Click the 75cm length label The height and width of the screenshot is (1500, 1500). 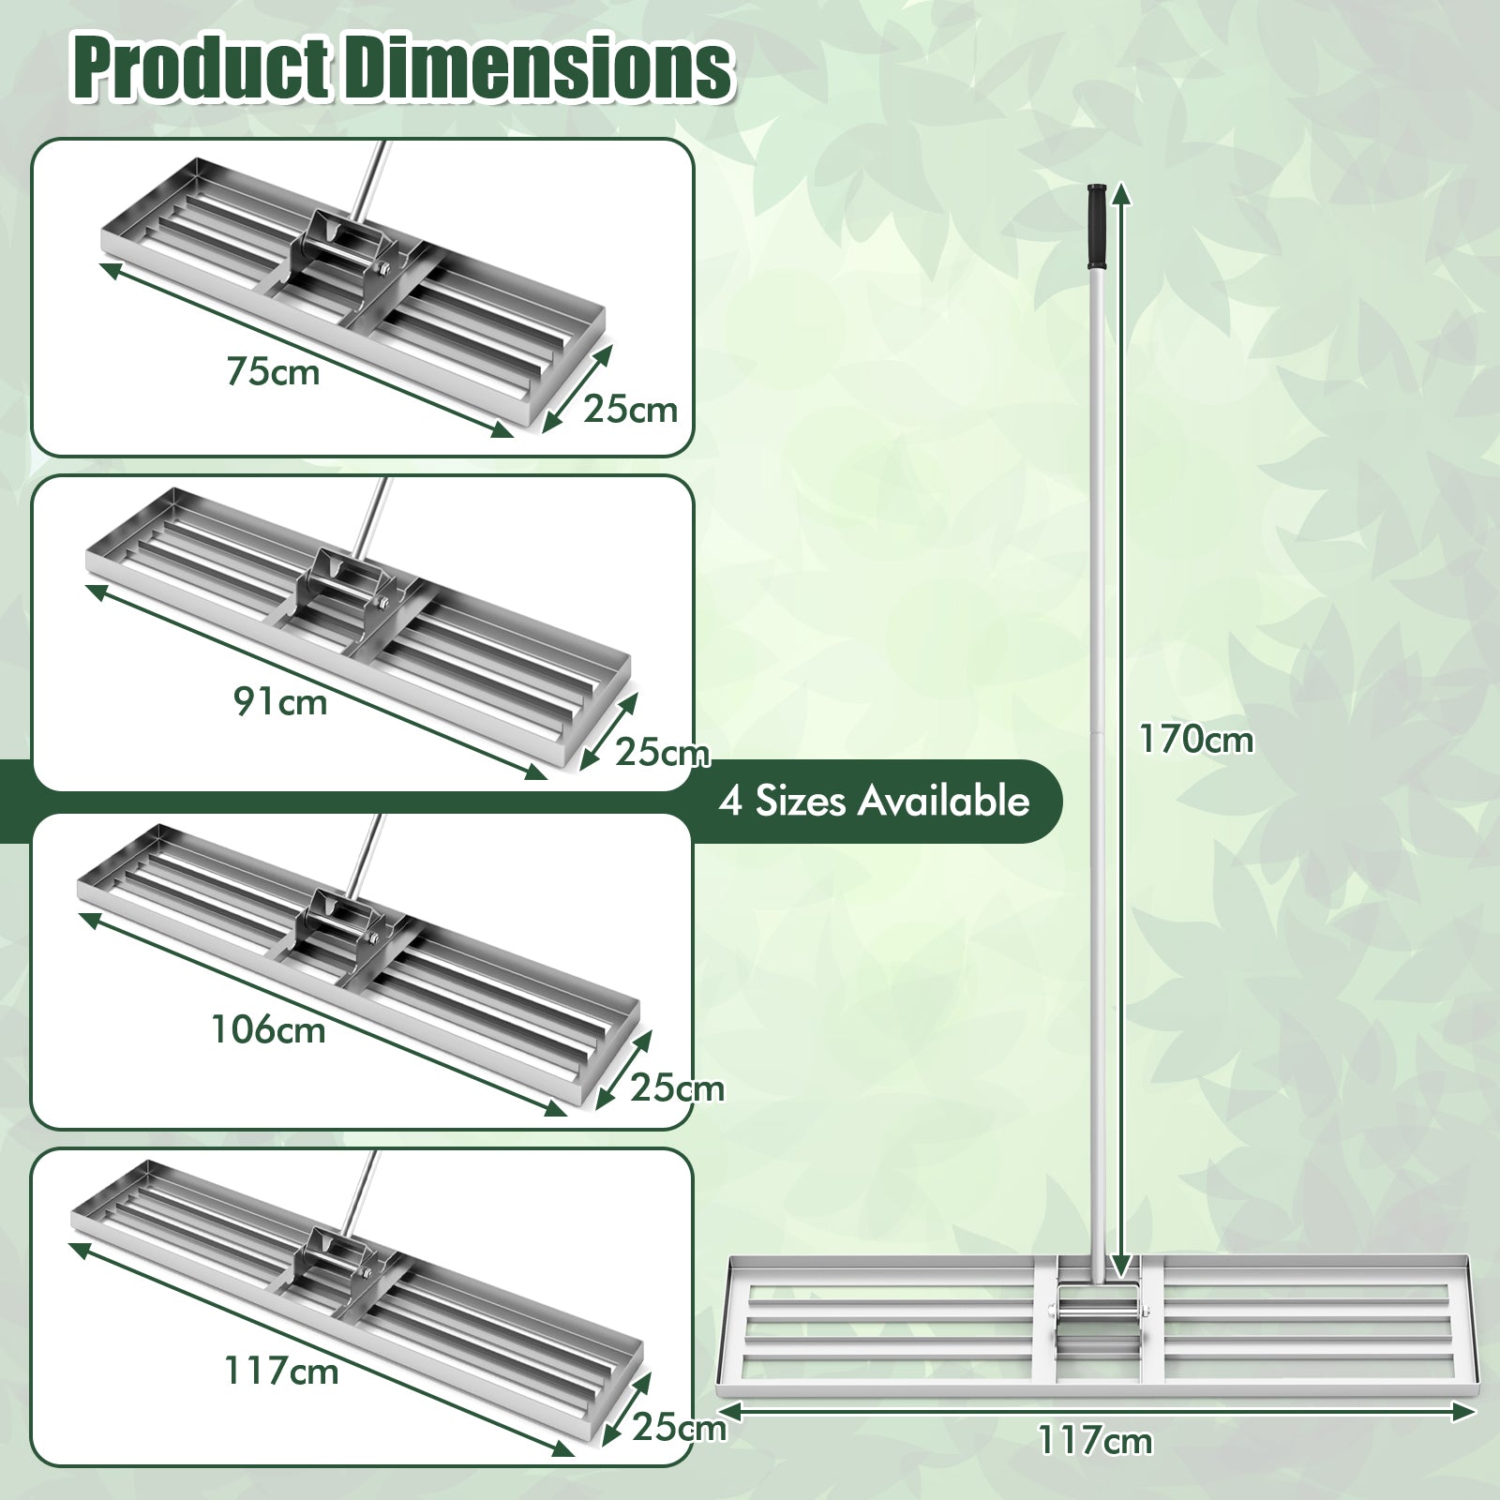(273, 371)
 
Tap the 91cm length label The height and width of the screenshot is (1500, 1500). (280, 701)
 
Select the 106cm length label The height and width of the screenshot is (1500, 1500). (268, 1029)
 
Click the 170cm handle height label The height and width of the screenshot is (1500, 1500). (1195, 740)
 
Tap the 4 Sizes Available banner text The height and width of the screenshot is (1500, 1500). (874, 801)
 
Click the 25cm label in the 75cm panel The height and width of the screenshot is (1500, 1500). (630, 410)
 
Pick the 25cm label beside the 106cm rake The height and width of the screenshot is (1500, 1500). (677, 1087)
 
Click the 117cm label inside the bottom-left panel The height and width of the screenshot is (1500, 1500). (280, 1372)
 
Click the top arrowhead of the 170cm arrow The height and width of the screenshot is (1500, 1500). (1122, 194)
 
